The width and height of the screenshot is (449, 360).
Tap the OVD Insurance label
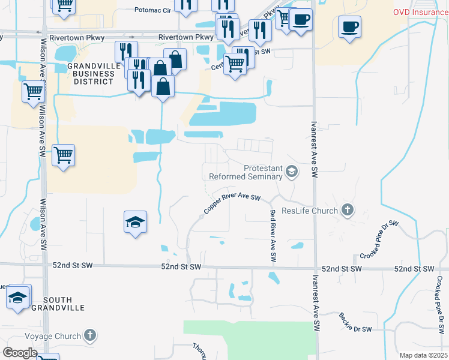point(420,12)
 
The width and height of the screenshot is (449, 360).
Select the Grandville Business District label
point(91,73)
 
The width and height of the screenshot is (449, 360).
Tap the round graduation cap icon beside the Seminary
point(292,173)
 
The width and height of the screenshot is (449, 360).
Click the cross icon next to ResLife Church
point(347,210)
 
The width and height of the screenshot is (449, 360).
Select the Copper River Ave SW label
point(232,204)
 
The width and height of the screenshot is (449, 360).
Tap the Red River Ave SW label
point(273,235)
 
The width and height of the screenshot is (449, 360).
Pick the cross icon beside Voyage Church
point(90,335)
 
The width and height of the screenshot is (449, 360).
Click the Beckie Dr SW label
point(355,323)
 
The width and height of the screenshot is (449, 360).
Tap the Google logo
point(20,353)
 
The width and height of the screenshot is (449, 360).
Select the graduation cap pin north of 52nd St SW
point(135,222)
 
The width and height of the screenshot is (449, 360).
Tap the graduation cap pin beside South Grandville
point(18,296)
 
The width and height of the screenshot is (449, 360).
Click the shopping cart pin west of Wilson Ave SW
point(33,92)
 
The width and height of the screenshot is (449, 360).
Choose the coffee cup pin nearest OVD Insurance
point(349,26)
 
